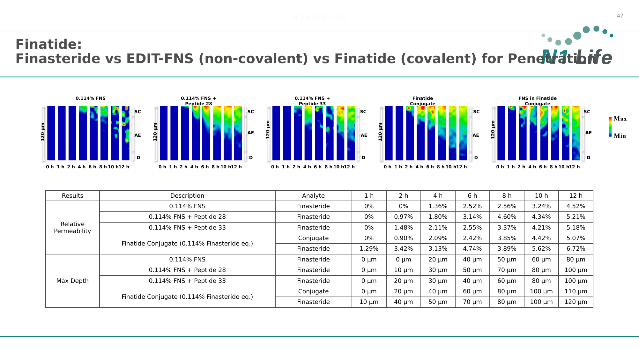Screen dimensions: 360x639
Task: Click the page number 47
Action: click(620, 16)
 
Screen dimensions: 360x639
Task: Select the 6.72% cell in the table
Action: click(576, 249)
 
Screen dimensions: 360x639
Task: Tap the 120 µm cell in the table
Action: click(576, 302)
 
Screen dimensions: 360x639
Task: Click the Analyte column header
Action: click(313, 196)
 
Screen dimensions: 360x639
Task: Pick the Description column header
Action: click(187, 196)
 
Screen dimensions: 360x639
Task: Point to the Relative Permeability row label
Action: click(72, 227)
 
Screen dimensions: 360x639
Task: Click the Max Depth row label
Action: click(72, 281)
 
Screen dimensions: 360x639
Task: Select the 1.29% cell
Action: click(369, 249)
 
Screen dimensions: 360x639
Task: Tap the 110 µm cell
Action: click(576, 291)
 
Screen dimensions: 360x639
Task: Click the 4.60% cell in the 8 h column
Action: click(507, 217)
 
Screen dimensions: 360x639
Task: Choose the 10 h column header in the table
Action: click(541, 196)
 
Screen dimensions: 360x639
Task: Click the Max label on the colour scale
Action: click(620, 119)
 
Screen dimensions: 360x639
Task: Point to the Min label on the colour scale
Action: click(620, 136)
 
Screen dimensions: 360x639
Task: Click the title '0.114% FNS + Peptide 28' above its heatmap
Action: click(198, 101)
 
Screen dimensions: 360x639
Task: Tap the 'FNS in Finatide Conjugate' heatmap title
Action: click(537, 101)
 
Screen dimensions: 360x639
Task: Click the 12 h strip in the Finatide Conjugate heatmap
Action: click(463, 133)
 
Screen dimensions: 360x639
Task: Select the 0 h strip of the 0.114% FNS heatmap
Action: click(51, 133)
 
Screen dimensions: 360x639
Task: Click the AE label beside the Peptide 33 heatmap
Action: click(364, 135)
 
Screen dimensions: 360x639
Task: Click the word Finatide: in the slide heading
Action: click(49, 44)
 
